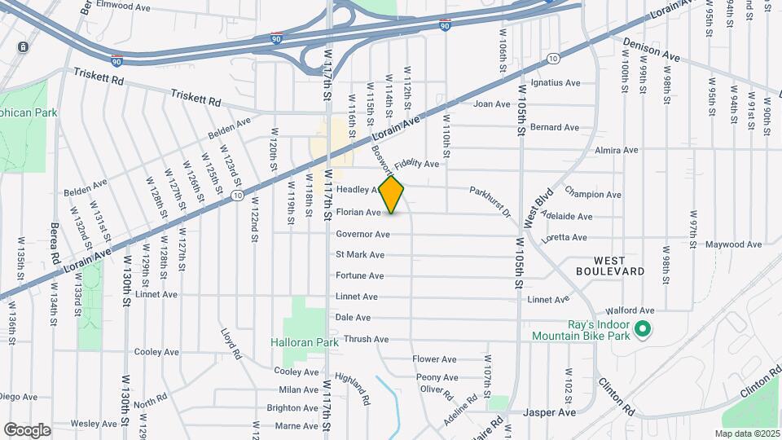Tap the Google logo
(28, 429)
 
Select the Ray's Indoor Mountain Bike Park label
(581, 329)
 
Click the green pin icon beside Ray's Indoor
(642, 330)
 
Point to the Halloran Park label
(305, 343)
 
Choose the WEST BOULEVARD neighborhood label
(610, 265)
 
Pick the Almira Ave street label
(617, 151)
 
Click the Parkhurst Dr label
(489, 201)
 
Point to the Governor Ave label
(362, 235)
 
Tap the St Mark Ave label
(360, 255)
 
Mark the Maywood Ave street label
(733, 244)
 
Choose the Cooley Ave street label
(156, 352)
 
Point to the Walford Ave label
(630, 310)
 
